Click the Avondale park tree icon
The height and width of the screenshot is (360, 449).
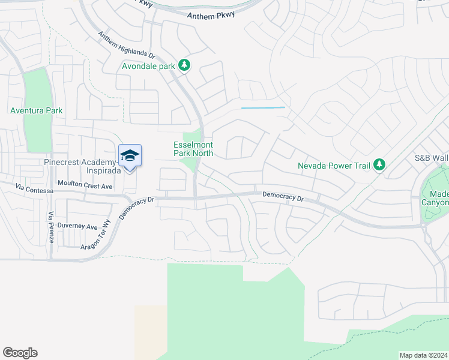coord(185,65)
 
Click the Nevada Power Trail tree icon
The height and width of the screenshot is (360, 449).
coord(379,164)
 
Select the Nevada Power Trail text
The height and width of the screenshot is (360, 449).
coord(333,165)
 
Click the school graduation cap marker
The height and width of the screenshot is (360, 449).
coord(130,156)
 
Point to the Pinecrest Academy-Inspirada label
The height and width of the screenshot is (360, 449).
coord(83,166)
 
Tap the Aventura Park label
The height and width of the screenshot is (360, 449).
coord(36,110)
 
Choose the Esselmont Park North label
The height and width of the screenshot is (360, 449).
coord(193,149)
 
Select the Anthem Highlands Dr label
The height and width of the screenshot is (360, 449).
coord(127,45)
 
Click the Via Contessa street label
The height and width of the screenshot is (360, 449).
coord(35,190)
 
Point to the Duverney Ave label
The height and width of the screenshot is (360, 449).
coord(78,227)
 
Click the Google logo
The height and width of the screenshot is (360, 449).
coord(20,353)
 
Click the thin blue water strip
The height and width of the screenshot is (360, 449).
coord(263,108)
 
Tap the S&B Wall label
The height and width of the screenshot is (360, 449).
coord(431,158)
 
